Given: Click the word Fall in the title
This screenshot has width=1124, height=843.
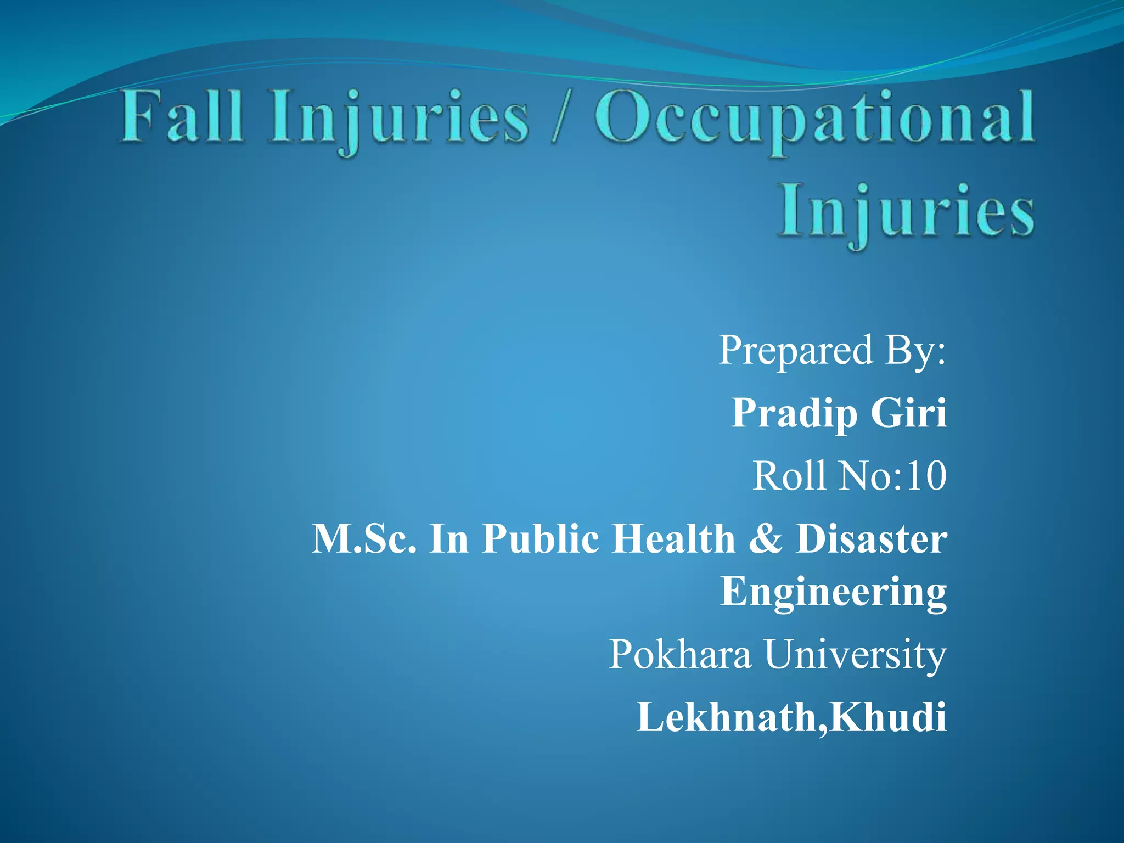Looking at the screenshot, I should pyautogui.click(x=181, y=116).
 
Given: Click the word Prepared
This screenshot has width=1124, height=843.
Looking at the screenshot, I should pyautogui.click(x=796, y=350).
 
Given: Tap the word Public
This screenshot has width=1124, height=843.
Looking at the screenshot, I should pyautogui.click(x=541, y=538).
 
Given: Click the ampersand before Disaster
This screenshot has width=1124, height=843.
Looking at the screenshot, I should pyautogui.click(x=765, y=538).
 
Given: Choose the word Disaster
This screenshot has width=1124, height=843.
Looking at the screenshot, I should pyautogui.click(x=872, y=538).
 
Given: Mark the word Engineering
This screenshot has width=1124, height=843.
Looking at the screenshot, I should pyautogui.click(x=833, y=592).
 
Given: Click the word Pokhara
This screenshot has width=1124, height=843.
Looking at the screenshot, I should pyautogui.click(x=680, y=654).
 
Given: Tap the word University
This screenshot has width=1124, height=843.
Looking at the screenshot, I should pyautogui.click(x=856, y=654).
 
